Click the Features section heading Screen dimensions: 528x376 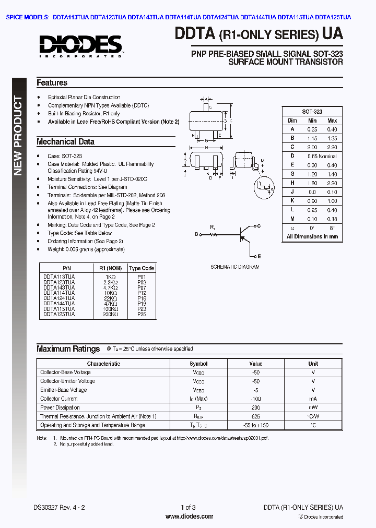(x=52, y=83)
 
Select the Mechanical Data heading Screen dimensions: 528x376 (x=65, y=141)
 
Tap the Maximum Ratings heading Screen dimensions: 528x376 (x=68, y=349)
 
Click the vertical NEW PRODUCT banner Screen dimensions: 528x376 (x=18, y=136)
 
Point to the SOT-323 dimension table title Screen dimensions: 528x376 (x=312, y=112)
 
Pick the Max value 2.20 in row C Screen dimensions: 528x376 (x=332, y=147)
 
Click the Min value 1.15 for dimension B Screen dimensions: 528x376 (x=312, y=138)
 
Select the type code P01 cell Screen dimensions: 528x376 (x=142, y=277)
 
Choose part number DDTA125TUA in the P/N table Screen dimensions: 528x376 (x=59, y=315)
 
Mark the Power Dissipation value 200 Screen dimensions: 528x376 (x=255, y=407)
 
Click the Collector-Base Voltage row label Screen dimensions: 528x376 (x=65, y=373)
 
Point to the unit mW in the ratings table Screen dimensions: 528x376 (x=313, y=407)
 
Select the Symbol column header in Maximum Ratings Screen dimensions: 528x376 (x=198, y=364)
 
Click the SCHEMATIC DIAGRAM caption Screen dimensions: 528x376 (x=234, y=267)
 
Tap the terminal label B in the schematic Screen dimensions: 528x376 (x=196, y=234)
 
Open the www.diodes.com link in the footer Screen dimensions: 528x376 (x=189, y=517)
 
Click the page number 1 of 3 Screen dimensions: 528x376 (x=188, y=507)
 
